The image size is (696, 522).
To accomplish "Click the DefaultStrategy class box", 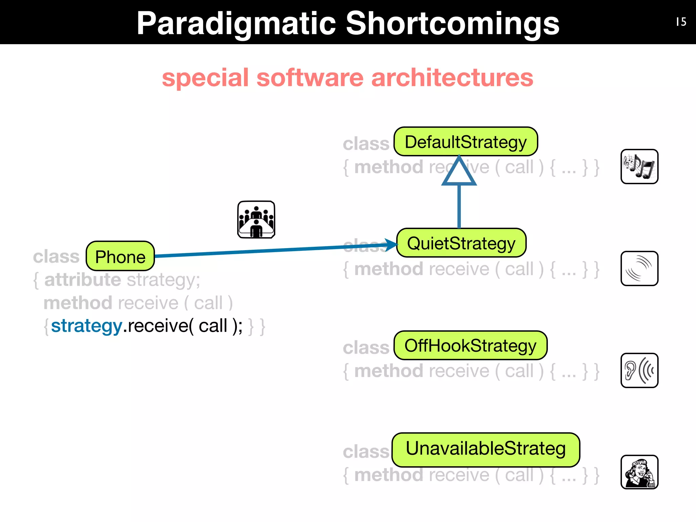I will click(x=466, y=142).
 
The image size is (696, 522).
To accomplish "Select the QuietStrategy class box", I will click(x=461, y=243).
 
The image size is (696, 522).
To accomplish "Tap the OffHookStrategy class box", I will click(x=470, y=346).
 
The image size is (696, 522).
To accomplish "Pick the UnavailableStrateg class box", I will click(x=486, y=449).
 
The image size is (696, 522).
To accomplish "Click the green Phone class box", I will click(x=120, y=256).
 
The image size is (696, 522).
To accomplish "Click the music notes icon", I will click(x=639, y=167).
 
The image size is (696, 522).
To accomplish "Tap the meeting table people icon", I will click(x=256, y=220).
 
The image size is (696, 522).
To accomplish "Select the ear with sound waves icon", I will click(x=639, y=370).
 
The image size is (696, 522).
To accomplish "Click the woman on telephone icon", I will click(x=639, y=472).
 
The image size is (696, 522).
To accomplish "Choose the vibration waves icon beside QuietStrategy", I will click(x=639, y=268).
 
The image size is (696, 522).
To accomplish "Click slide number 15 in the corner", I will click(x=681, y=22).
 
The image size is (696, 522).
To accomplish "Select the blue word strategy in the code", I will click(x=87, y=326).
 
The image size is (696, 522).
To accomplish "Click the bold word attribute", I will click(x=83, y=280).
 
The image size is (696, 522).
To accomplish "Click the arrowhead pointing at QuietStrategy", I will click(x=391, y=244).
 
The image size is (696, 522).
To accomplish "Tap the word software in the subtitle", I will click(x=310, y=77).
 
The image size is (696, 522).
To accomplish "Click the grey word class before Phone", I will click(x=56, y=257).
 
